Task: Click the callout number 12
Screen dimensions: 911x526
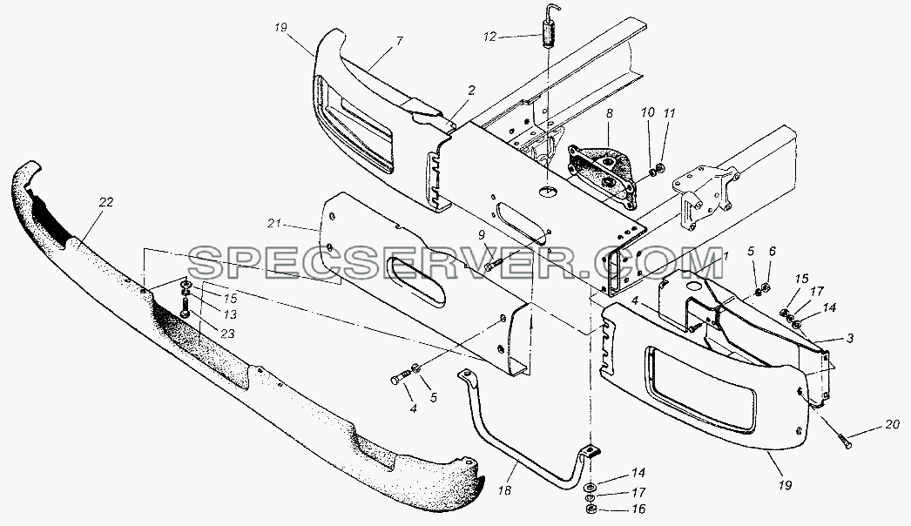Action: click(x=489, y=37)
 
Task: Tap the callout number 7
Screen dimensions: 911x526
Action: click(x=400, y=41)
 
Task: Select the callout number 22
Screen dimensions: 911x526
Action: click(x=105, y=202)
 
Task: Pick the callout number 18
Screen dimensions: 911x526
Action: click(x=505, y=491)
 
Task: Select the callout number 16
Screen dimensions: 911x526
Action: click(x=638, y=509)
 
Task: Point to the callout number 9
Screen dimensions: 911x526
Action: click(x=481, y=235)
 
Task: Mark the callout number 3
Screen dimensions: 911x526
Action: click(x=850, y=338)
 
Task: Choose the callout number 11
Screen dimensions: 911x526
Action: click(x=670, y=113)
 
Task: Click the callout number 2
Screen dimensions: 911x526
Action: click(x=471, y=90)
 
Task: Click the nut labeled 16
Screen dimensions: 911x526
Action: click(x=590, y=509)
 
